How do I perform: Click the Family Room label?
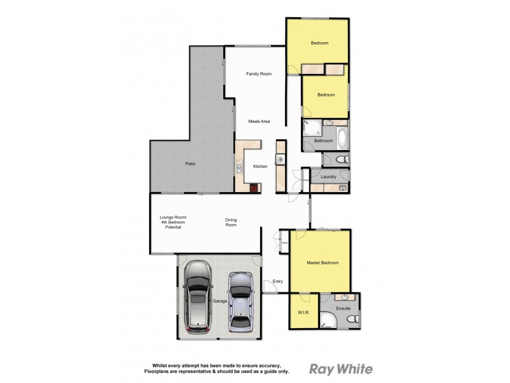tap(259, 74)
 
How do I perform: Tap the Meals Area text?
tap(259, 121)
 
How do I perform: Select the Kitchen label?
tap(260, 166)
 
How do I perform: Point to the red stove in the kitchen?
tap(254, 188)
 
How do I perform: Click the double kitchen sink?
tap(239, 169)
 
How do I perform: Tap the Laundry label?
tap(329, 177)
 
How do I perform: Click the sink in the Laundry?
tap(342, 188)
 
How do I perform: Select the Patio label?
tap(190, 164)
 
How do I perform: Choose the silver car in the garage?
tap(240, 303)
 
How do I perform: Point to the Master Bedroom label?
tap(322, 263)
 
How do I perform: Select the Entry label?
tap(277, 282)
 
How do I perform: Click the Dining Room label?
tap(231, 222)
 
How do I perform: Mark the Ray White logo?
tap(340, 368)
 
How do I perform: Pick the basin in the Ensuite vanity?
tap(344, 297)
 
